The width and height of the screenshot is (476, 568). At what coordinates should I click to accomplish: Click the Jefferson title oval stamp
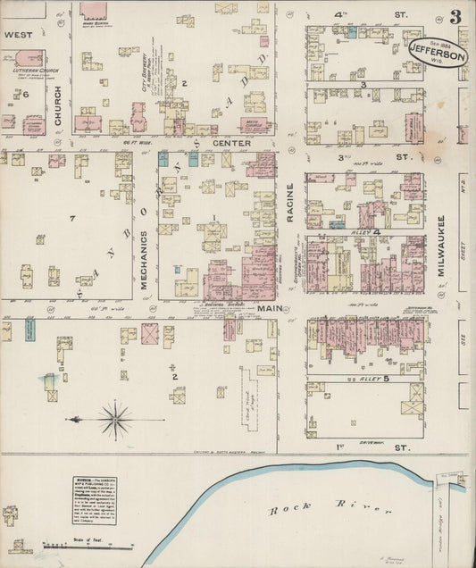(438, 53)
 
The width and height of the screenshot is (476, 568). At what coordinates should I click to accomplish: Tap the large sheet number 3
(456, 17)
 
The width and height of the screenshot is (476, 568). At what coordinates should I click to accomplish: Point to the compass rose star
(114, 416)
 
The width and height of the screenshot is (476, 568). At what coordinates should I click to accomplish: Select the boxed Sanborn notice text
(95, 499)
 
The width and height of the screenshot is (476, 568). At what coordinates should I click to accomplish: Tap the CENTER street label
(228, 142)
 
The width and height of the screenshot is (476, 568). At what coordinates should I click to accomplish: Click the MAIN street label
(270, 309)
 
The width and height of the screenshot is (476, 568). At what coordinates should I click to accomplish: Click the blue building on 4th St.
(352, 32)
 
